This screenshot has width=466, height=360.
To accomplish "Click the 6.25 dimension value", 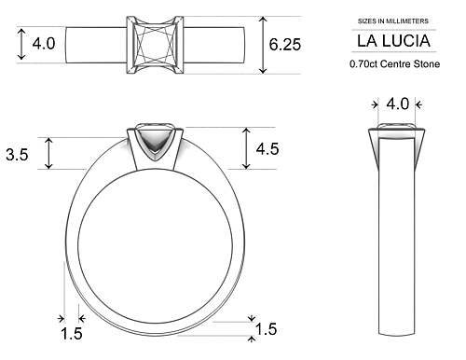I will [285, 44].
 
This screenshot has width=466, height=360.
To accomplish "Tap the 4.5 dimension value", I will [267, 148].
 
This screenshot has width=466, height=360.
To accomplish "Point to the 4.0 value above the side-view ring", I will [398, 104].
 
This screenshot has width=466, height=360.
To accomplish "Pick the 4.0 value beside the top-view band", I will [44, 44].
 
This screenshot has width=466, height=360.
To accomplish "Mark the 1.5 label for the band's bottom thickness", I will [267, 329].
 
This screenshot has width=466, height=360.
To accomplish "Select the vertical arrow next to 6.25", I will [264, 45].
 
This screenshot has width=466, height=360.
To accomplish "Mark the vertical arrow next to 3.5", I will [50, 153].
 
